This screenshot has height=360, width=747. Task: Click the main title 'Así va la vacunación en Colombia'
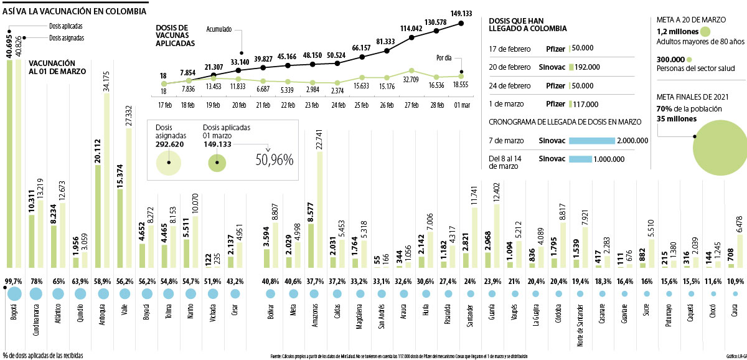(74, 11)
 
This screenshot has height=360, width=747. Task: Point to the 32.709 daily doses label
(410, 79)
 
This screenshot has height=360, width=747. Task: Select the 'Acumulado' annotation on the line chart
(223, 28)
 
